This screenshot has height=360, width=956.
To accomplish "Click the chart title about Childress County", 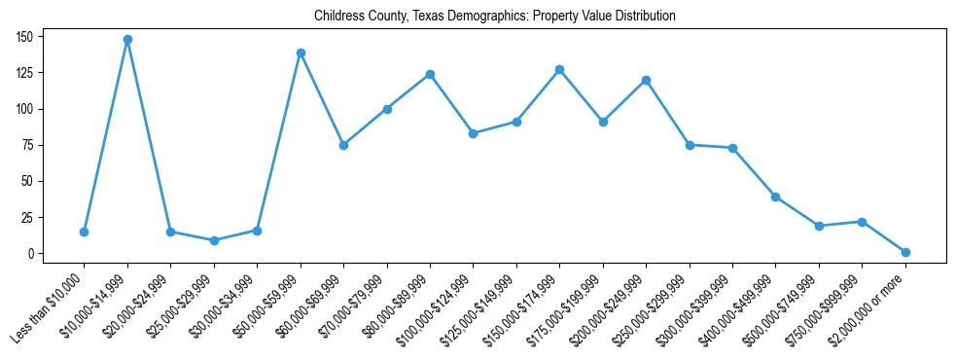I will coord(494,17).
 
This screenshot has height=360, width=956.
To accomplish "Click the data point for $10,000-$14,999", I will coord(127,40).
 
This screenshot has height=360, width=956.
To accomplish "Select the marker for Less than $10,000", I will coord(85,232).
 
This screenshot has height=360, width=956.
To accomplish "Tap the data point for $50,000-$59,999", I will coord(301,53).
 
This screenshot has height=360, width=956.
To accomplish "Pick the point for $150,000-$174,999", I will coord(559,70).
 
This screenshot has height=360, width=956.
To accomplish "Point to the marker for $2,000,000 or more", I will coord(905,252).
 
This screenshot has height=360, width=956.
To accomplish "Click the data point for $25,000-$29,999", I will coord(214,240).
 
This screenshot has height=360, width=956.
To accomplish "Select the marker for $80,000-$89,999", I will coord(430,74).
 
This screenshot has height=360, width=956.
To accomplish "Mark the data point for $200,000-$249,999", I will coord(646,80).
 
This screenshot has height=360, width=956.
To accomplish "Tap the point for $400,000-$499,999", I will coord(775,197).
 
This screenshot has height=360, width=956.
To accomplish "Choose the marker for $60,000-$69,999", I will coord(343,145).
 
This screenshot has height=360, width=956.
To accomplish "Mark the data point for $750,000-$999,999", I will coord(862,222).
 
